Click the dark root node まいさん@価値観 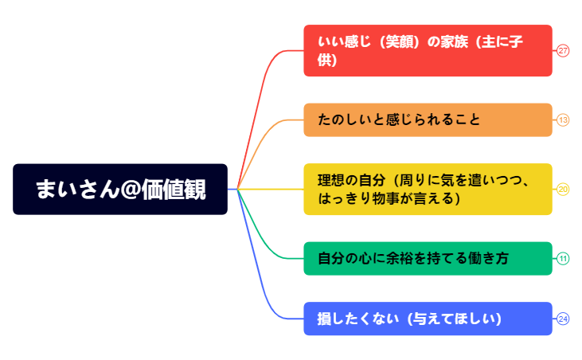click(120, 190)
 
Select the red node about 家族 click(428, 51)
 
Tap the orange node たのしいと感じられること click(428, 120)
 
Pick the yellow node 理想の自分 click(428, 190)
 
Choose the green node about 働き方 click(428, 258)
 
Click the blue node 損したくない click(428, 319)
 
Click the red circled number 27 click(563, 51)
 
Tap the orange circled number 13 click(563, 120)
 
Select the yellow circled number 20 click(563, 190)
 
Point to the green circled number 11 click(563, 258)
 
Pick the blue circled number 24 click(563, 319)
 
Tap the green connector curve click(263, 231)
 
